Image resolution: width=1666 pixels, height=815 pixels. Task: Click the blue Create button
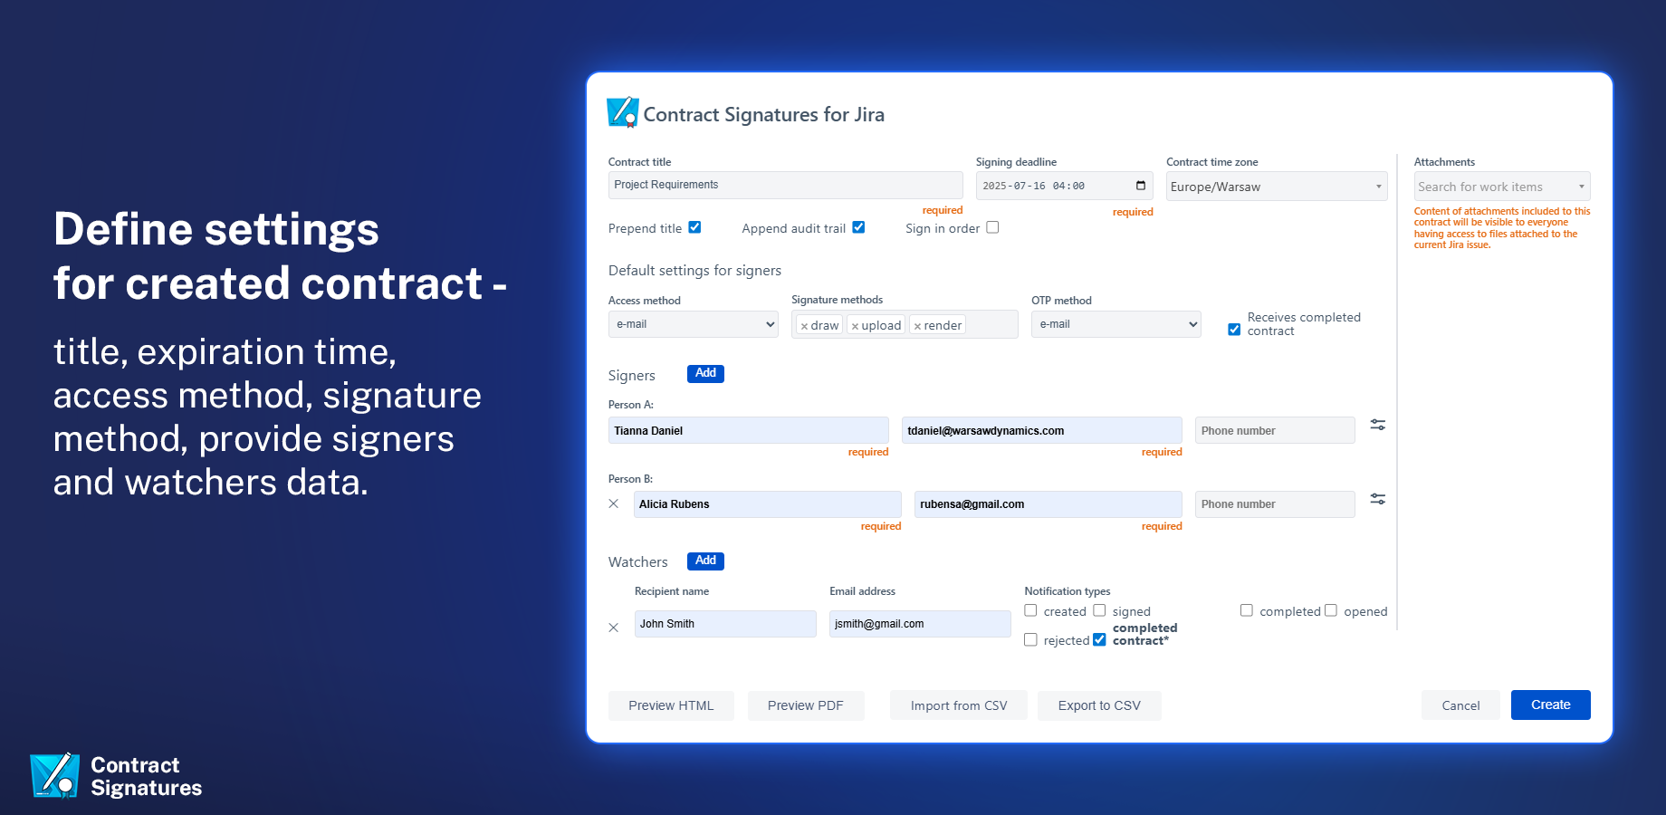pos(1550,705)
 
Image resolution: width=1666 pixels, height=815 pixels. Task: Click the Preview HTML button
pos(671,705)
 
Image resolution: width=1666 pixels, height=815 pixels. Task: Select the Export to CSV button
pos(1099,705)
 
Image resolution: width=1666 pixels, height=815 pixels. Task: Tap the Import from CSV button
pos(959,705)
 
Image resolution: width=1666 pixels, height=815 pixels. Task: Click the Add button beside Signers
pos(705,373)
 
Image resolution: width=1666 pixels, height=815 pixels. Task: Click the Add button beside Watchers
pos(705,561)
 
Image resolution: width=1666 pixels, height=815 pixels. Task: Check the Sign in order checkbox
pos(992,227)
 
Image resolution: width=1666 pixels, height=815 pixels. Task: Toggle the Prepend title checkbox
pos(694,227)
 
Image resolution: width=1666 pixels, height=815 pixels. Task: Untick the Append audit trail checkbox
pos(858,227)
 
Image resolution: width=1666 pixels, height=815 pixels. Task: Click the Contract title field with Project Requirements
pos(785,185)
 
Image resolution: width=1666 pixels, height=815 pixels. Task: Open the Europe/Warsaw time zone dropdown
pos(1277,187)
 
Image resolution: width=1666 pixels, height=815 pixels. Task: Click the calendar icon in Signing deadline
pos(1141,186)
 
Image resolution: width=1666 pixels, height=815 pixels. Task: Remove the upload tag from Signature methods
pos(855,326)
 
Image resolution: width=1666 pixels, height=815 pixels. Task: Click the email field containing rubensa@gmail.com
pos(1048,504)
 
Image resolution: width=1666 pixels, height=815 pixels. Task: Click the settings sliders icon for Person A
pos(1378,425)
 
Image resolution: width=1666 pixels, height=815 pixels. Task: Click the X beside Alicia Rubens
pos(614,503)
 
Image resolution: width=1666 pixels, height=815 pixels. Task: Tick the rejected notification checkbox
pos(1030,639)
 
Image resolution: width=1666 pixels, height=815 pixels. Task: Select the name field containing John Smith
pos(725,624)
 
